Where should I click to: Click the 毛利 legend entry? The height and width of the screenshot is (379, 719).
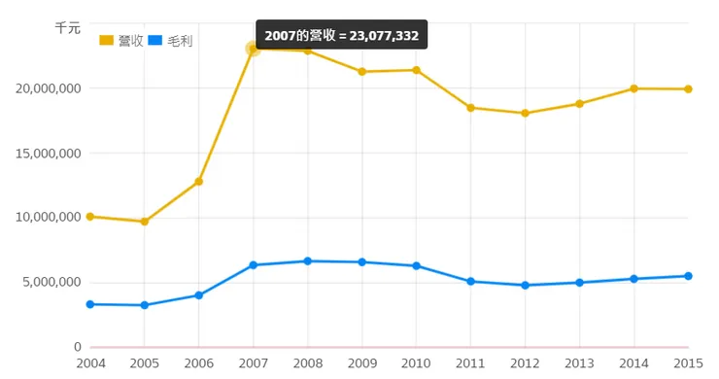point(172,40)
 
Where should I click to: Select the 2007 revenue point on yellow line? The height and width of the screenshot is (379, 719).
point(254,49)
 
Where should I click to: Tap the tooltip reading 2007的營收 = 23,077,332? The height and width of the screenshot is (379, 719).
point(341,35)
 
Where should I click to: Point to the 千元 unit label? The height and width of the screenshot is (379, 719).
point(67,28)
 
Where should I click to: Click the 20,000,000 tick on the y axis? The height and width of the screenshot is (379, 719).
point(48,88)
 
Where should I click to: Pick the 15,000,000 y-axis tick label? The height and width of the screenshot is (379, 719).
point(48,153)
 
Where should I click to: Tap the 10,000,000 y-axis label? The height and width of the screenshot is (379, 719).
point(48,217)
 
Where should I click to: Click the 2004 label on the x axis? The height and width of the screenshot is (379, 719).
point(90,363)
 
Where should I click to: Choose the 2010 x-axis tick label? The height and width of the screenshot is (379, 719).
point(416,363)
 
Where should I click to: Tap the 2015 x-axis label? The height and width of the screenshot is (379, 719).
point(688,363)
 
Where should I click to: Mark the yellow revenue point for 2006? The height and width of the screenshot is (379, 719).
point(199,182)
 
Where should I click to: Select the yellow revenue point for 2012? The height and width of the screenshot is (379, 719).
point(525,114)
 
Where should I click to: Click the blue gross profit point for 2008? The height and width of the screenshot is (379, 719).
point(308,261)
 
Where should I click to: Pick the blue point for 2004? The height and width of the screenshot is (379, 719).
point(90,304)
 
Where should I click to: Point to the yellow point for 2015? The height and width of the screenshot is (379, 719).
point(688,89)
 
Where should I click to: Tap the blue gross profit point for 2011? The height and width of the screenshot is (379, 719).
point(470,282)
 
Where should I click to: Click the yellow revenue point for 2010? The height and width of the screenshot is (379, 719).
point(416,70)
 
